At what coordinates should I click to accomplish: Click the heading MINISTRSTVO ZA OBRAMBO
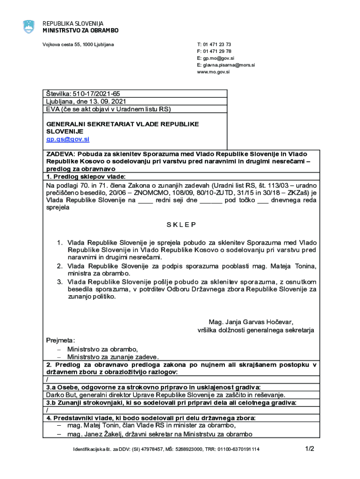pos(80,30)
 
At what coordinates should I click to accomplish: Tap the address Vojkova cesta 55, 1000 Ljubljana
pos(78,44)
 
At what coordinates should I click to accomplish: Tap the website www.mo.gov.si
pos(213,72)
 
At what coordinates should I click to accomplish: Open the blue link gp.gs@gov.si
pos(67,139)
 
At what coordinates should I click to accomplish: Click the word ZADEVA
pos(60,153)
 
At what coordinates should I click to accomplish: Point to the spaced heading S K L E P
pos(181,225)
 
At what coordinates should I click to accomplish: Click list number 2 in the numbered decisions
pos(60,266)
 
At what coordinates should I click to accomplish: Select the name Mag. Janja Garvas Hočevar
pos(251,322)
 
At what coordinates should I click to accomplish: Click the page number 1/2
pos(310,449)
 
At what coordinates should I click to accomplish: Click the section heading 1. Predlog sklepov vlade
pos(86,176)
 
